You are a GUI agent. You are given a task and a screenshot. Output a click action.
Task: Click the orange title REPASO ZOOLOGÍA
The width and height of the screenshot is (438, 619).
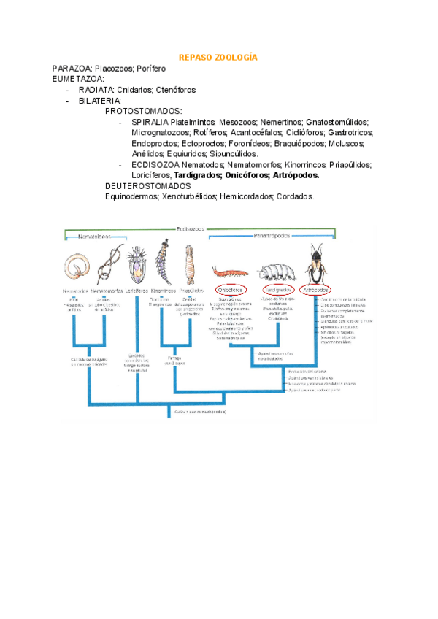pyautogui.click(x=218, y=57)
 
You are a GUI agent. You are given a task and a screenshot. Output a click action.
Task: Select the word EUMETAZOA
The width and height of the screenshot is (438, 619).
pyautogui.click(x=78, y=79)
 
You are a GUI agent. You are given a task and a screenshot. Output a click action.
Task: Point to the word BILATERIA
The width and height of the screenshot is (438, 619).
pyautogui.click(x=100, y=101)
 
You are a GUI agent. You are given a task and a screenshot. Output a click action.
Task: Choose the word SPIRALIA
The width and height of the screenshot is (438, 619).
pyautogui.click(x=150, y=123)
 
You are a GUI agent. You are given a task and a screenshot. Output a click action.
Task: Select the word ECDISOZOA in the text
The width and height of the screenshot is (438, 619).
pyautogui.click(x=155, y=165)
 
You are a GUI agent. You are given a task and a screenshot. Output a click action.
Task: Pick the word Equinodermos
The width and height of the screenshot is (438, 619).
pyautogui.click(x=131, y=197)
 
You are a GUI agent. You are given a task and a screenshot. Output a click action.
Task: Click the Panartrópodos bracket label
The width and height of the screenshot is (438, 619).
pyautogui.click(x=272, y=236)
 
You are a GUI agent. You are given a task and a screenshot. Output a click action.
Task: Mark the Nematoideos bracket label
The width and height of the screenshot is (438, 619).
pyautogui.click(x=96, y=237)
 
